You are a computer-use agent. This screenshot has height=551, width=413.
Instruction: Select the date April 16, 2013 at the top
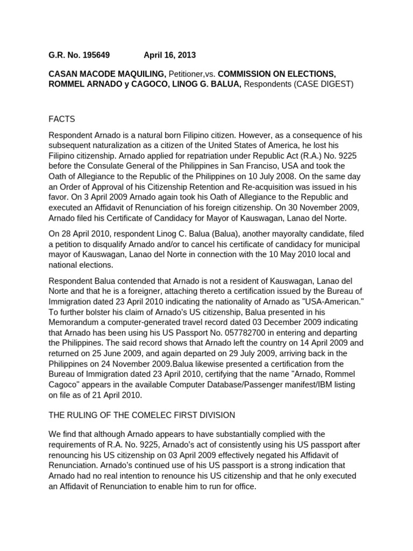click(169, 55)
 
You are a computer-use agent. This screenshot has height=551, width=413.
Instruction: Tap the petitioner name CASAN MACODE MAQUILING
click(107, 74)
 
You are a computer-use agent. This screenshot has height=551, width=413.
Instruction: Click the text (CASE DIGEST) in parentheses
click(324, 84)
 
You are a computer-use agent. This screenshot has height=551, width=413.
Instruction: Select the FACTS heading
click(62, 118)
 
